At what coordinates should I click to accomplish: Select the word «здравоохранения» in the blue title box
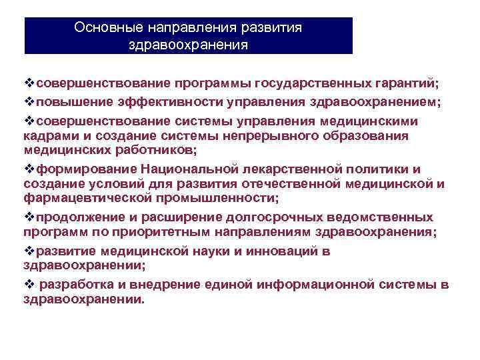tap(189, 45)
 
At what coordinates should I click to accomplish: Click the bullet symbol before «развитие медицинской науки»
tap(29, 251)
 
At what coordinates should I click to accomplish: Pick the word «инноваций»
tap(279, 251)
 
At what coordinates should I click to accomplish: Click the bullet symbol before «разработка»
tap(29, 285)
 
